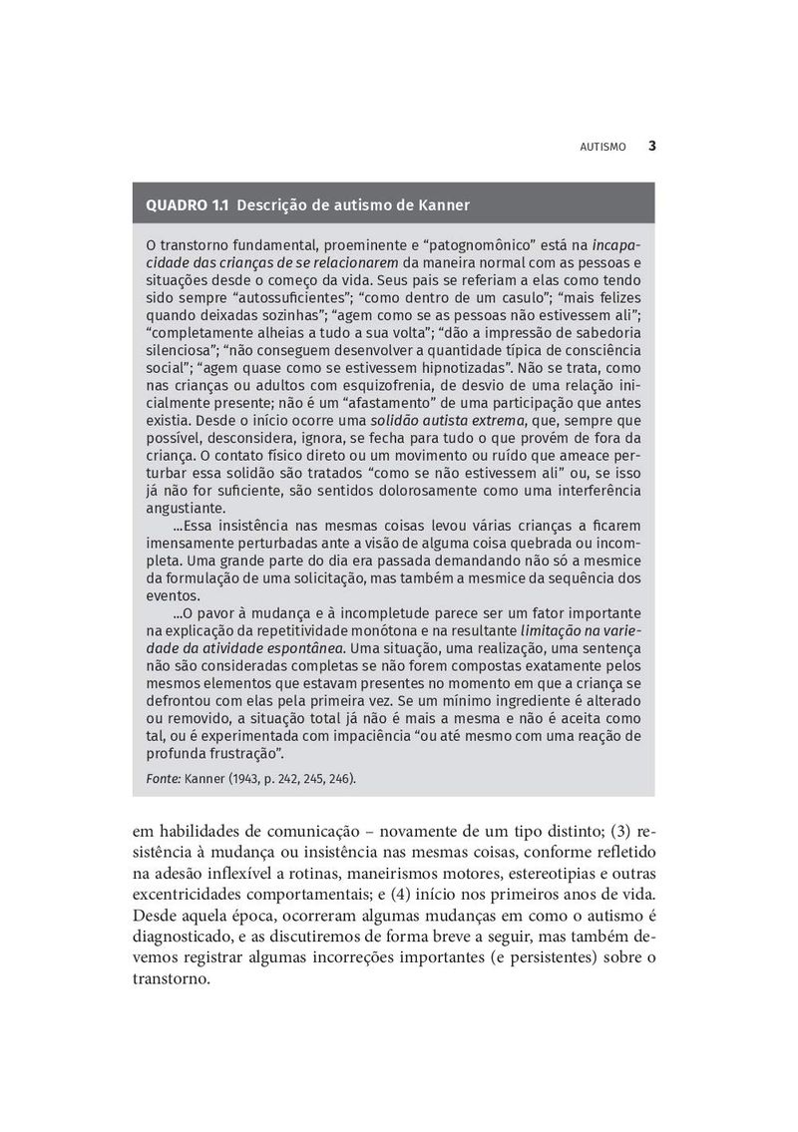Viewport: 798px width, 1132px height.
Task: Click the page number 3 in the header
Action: [x=651, y=146]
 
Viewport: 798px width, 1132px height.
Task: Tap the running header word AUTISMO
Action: [x=602, y=147]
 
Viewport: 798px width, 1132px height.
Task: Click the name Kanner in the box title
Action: [x=442, y=205]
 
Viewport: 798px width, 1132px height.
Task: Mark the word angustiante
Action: [x=183, y=508]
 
